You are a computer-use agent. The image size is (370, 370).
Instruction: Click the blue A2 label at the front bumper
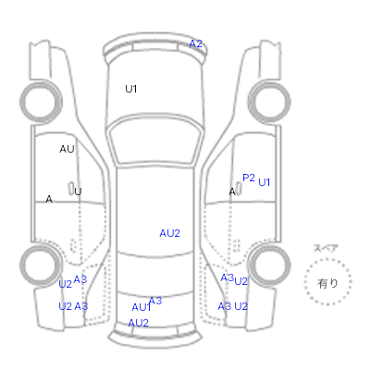click(195, 43)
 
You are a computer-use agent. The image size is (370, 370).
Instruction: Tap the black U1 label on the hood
click(131, 89)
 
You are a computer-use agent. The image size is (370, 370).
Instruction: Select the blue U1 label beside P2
click(265, 182)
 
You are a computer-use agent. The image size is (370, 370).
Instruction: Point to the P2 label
click(249, 178)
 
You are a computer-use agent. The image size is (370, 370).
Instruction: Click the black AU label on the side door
click(67, 149)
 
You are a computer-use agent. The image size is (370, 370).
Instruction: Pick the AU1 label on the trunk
click(142, 307)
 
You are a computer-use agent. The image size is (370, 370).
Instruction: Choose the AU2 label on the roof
click(169, 233)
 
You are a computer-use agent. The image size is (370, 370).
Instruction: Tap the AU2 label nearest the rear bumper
click(138, 323)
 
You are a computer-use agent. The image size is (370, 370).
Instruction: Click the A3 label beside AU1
click(155, 301)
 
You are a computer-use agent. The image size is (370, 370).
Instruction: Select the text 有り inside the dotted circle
click(327, 283)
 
